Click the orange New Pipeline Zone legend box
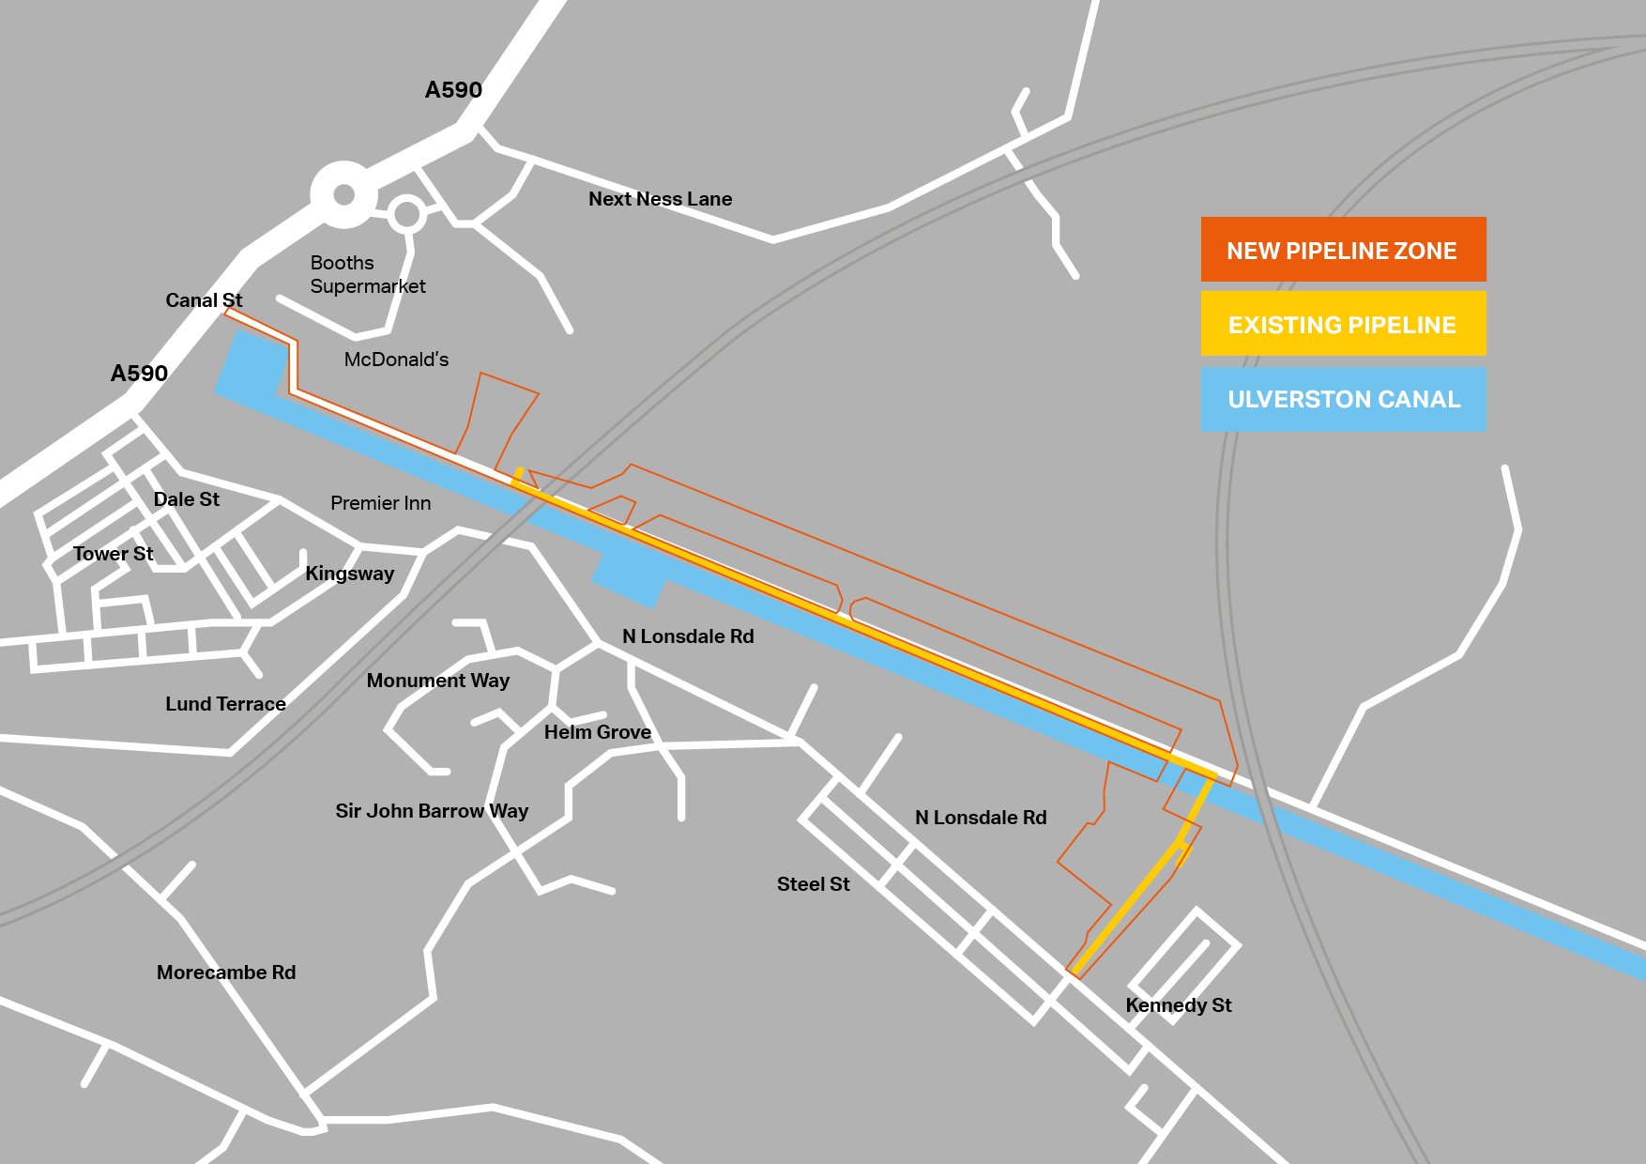(1343, 250)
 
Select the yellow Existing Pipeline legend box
(1343, 324)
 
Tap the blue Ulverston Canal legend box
(1343, 399)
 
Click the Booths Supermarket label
(367, 274)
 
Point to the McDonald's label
(396, 360)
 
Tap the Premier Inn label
(380, 503)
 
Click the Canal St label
(204, 300)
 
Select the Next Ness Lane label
(660, 199)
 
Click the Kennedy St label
(1178, 1005)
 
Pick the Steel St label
(813, 884)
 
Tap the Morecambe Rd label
(226, 973)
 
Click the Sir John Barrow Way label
(432, 811)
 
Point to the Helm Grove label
(597, 732)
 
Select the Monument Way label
(437, 681)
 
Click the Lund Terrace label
(225, 704)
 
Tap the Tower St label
(113, 554)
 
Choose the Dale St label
(186, 499)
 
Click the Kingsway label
(349, 574)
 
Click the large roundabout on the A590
(344, 194)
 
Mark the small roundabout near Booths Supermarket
(406, 215)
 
